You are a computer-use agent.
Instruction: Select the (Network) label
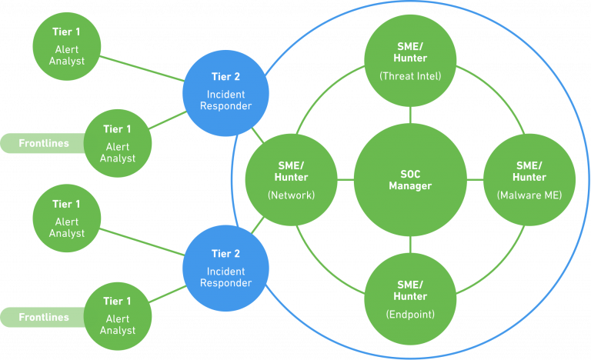click(291, 195)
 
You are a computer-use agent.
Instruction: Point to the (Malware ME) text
click(529, 195)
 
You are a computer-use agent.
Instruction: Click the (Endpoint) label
click(410, 314)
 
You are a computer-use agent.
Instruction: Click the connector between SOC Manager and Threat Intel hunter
click(410, 115)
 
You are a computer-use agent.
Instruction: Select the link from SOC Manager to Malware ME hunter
click(475, 180)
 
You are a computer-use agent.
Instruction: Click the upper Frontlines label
click(44, 144)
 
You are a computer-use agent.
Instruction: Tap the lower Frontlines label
click(44, 318)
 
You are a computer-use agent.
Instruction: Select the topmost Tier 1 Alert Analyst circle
click(66, 46)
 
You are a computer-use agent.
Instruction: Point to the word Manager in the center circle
click(410, 186)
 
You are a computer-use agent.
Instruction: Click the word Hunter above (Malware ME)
click(529, 178)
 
